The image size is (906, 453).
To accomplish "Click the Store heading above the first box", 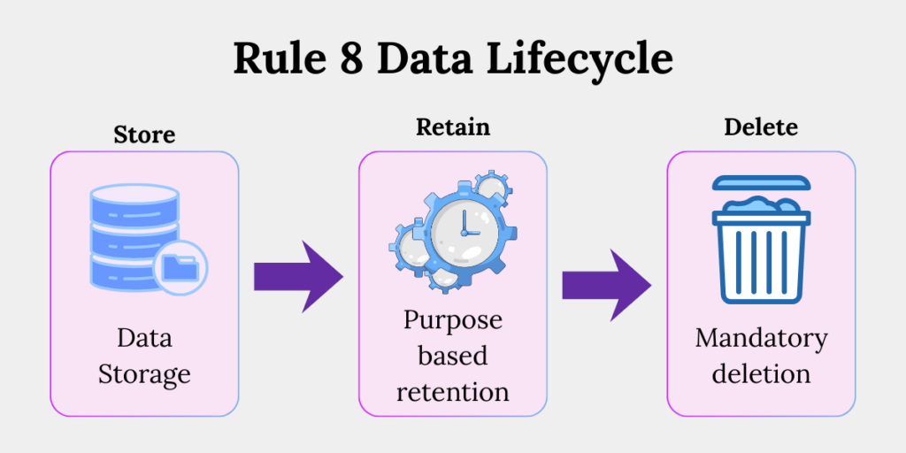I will click(144, 135).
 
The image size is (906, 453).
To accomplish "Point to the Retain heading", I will click(453, 127).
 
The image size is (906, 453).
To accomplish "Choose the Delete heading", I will click(761, 127).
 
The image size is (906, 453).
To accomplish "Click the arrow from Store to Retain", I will click(298, 275).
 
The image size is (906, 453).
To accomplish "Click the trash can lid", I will click(760, 183).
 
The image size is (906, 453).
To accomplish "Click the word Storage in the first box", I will click(144, 374).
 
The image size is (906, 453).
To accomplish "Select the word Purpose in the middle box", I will click(453, 320).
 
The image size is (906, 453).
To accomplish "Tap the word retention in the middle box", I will click(453, 391).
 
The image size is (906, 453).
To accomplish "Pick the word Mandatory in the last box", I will click(761, 339).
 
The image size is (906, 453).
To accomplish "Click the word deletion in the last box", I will click(761, 373).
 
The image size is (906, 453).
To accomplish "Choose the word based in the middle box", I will click(453, 356).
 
